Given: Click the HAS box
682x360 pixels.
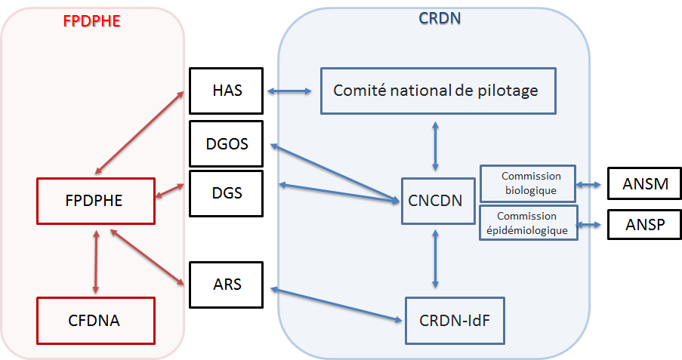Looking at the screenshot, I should pyautogui.click(x=226, y=91).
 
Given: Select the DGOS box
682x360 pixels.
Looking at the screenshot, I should pyautogui.click(x=226, y=143).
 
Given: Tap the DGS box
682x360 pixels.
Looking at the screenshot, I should pyautogui.click(x=226, y=192).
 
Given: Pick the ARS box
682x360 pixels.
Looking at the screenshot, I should pyautogui.click(x=226, y=285).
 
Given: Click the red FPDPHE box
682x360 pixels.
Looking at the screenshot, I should pyautogui.click(x=96, y=201).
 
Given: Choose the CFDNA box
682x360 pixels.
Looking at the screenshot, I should pyautogui.click(x=96, y=320).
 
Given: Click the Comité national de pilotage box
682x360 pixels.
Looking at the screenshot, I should pyautogui.click(x=437, y=91).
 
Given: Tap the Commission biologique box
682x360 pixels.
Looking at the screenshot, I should pyautogui.click(x=528, y=183).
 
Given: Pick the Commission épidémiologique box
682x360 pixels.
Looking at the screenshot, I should pyautogui.click(x=529, y=223).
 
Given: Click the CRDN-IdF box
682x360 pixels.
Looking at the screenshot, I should pyautogui.click(x=454, y=320).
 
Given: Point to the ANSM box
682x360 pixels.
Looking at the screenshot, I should pyautogui.click(x=641, y=183).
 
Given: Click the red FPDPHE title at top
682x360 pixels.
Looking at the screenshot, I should pyautogui.click(x=91, y=20).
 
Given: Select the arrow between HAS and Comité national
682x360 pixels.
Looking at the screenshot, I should pyautogui.click(x=291, y=91).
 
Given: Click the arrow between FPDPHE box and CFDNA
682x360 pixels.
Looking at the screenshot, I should pyautogui.click(x=95, y=260).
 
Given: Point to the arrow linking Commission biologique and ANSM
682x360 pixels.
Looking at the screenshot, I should pyautogui.click(x=590, y=183).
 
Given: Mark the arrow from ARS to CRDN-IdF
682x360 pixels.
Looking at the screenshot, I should pyautogui.click(x=336, y=304).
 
